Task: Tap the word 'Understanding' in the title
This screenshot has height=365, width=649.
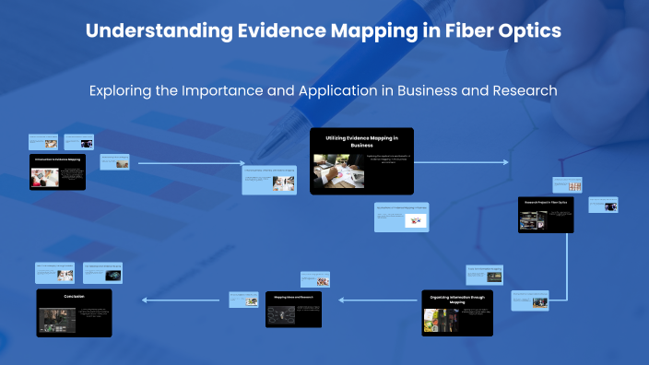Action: pyautogui.click(x=142, y=30)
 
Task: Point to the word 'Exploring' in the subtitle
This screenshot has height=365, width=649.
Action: pyautogui.click(x=125, y=92)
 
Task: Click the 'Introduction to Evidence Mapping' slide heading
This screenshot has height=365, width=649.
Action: pyautogui.click(x=56, y=159)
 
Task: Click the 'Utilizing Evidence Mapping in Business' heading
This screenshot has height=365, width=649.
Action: pyautogui.click(x=360, y=141)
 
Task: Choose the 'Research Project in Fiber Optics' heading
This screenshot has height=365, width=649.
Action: pyautogui.click(x=545, y=201)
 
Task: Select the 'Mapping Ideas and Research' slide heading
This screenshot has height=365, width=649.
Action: pyautogui.click(x=293, y=298)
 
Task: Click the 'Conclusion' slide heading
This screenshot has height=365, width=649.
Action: pyautogui.click(x=74, y=296)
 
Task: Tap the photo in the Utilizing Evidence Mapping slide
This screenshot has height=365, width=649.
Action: pyautogui.click(x=331, y=171)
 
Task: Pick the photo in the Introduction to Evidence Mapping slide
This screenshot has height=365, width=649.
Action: pyautogui.click(x=40, y=176)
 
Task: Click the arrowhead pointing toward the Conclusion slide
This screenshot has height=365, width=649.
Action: pyautogui.click(x=144, y=299)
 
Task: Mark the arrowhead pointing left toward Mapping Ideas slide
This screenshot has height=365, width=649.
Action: pyautogui.click(x=339, y=299)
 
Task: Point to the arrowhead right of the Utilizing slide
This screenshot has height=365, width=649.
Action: pyautogui.click(x=505, y=162)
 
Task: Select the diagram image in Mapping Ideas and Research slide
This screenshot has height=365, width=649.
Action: pyautogui.click(x=279, y=314)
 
